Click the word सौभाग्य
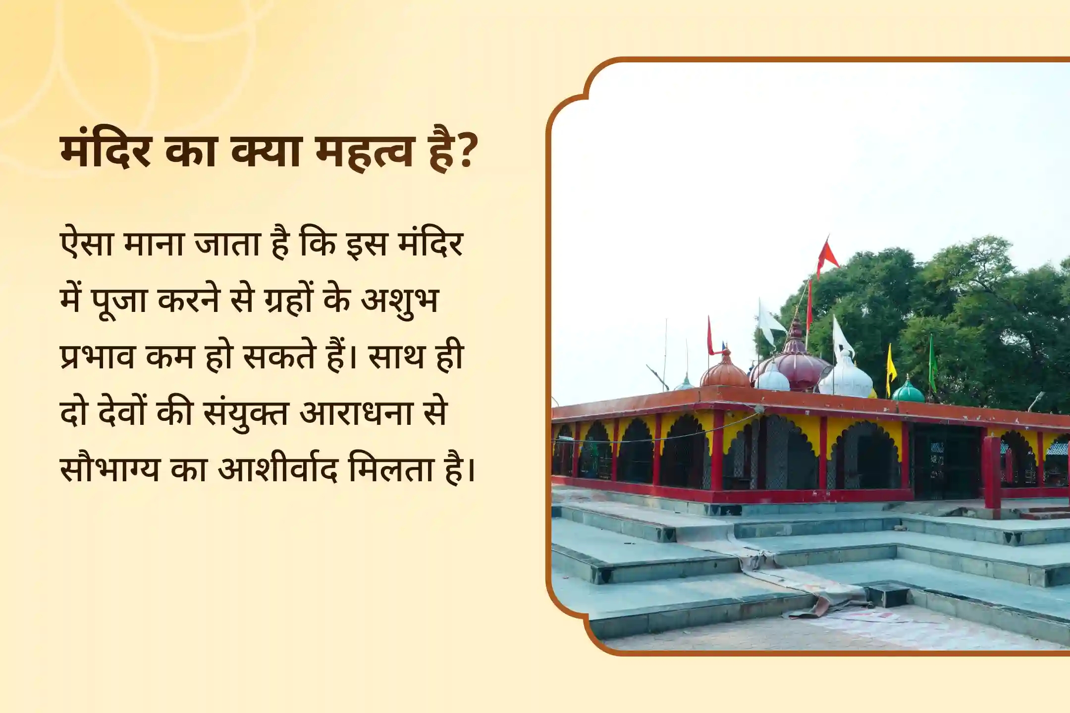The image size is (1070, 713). point(109,468)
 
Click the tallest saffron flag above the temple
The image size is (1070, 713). point(827,255)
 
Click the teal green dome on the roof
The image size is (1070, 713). point(908,390)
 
